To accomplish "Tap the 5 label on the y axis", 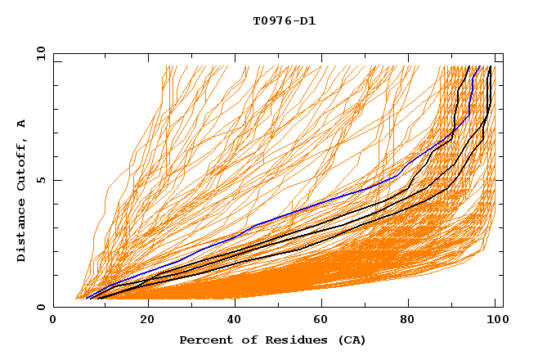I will tap(39, 180).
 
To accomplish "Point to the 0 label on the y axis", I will tap(39, 307).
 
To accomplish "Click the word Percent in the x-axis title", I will tap(204, 340).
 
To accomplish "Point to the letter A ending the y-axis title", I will tap(22, 124).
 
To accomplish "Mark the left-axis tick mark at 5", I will tap(56, 180).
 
